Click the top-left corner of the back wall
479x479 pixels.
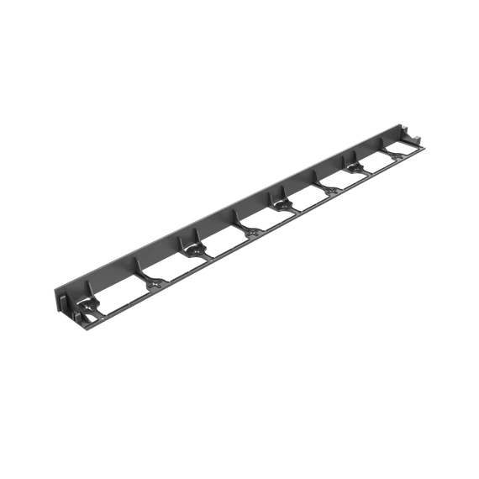click(57, 290)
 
